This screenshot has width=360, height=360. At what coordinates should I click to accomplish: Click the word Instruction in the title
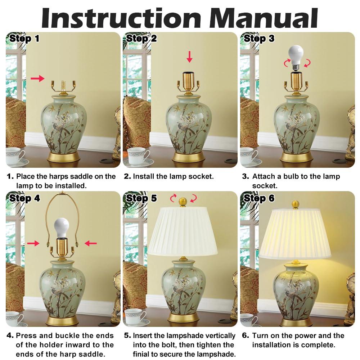point(121,17)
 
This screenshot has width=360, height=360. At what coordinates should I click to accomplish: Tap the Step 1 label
point(24,39)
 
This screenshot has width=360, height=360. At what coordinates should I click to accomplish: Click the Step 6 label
point(259,198)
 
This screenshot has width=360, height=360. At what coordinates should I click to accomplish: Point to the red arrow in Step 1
point(37,78)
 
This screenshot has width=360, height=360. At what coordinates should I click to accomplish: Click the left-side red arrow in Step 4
point(33,243)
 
